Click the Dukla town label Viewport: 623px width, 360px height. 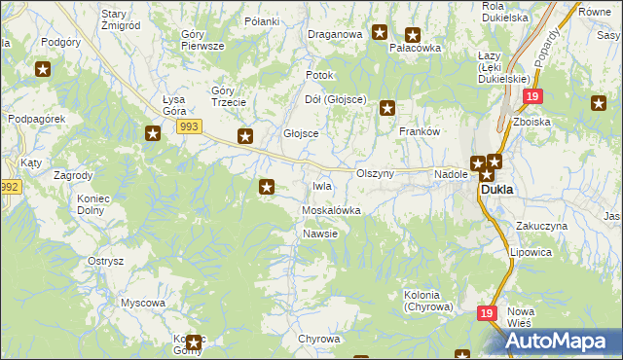497,191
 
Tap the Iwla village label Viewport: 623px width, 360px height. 321,186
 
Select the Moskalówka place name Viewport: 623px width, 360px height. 332,210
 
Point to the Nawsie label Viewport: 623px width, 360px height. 319,234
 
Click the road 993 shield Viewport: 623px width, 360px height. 190,126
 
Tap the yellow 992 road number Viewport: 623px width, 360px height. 10,187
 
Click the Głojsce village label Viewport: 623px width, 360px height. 301,134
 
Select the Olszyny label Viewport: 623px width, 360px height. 375,173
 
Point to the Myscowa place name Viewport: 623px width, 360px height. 142,303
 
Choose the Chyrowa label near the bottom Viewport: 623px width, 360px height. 318,339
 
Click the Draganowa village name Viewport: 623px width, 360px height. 335,34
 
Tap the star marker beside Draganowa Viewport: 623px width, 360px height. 380,32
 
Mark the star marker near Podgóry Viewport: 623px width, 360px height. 43,68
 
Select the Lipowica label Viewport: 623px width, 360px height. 531,251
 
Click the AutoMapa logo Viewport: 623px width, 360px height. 559,342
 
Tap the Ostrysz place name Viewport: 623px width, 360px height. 105,261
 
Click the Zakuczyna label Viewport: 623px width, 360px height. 542,225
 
